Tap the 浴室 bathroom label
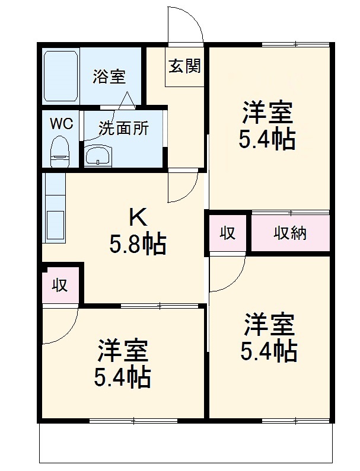click(109, 76)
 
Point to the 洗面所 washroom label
click(123, 128)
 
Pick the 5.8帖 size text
click(138, 243)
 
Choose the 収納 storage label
click(290, 233)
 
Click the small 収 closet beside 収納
click(227, 233)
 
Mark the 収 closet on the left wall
click(59, 286)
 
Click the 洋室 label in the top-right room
click(267, 114)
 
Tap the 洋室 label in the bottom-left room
click(123, 352)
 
